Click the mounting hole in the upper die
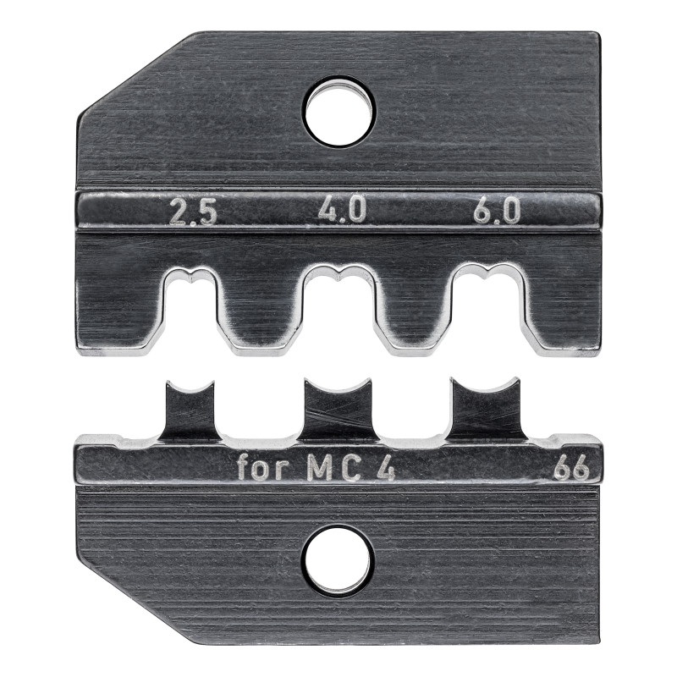point(339,110)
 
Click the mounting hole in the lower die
point(338,560)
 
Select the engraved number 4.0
point(342,210)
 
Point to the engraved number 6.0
point(496,211)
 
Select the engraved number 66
point(573,468)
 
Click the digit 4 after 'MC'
point(384,469)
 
